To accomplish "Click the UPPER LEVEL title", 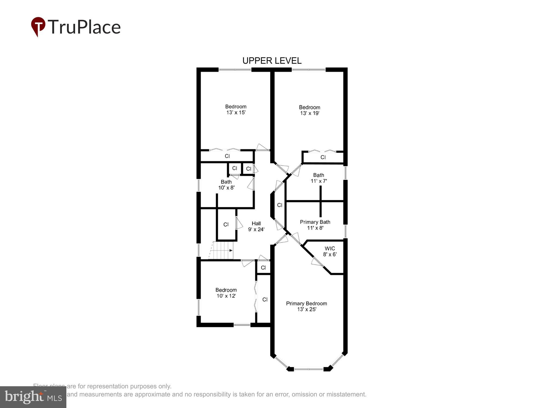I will pyautogui.click(x=272, y=61).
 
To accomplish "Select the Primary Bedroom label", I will pyautogui.click(x=306, y=304).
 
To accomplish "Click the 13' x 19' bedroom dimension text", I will pyautogui.click(x=310, y=113).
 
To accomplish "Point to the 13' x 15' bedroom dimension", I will pyautogui.click(x=236, y=113).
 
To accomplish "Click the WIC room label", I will pyautogui.click(x=330, y=249).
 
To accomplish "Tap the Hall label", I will pyautogui.click(x=256, y=224).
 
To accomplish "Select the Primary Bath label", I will pyautogui.click(x=315, y=222).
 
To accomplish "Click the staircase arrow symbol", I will pyautogui.click(x=230, y=251).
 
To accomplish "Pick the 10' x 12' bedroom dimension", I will pyautogui.click(x=226, y=296).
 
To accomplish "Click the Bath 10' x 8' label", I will pyautogui.click(x=226, y=185).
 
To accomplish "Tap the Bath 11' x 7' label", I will pyautogui.click(x=319, y=178).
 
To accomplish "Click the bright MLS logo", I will pyautogui.click(x=33, y=397).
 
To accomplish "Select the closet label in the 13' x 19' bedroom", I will pyautogui.click(x=323, y=157).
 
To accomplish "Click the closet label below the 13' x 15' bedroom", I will pyautogui.click(x=227, y=156).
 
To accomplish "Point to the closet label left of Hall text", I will pyautogui.click(x=226, y=224).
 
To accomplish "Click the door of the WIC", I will pyautogui.click(x=316, y=262).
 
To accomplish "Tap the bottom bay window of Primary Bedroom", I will pyautogui.click(x=309, y=369).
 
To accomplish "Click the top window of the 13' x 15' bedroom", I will pyautogui.click(x=235, y=70).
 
